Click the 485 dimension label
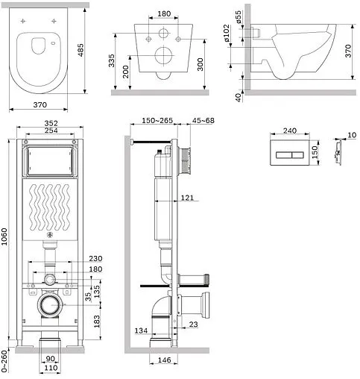pyautogui.click(x=81, y=50)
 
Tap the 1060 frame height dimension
pyautogui.click(x=4, y=237)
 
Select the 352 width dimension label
pyautogui.click(x=51, y=123)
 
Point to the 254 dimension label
pyautogui.click(x=51, y=131)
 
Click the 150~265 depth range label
pyautogui.click(x=157, y=120)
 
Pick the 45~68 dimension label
pyautogui.click(x=203, y=120)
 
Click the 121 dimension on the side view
pyautogui.click(x=187, y=198)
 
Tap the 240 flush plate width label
pyautogui.click(x=290, y=131)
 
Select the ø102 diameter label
pyautogui.click(x=227, y=33)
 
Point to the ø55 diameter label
pyautogui.click(x=239, y=17)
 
